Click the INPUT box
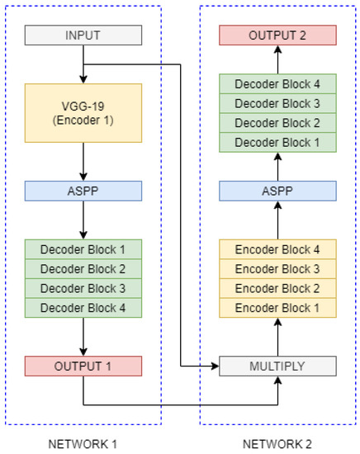click(83, 35)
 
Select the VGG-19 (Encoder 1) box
click(83, 113)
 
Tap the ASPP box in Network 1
click(83, 191)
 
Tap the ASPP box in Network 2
click(277, 191)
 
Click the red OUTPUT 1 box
click(83, 367)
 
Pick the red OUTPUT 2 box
click(277, 35)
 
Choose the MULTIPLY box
click(277, 367)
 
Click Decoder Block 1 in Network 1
click(83, 248)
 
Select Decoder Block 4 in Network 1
click(83, 308)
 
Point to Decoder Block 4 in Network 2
click(277, 83)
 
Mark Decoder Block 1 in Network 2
click(277, 142)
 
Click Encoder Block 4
click(277, 248)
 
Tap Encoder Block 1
click(277, 308)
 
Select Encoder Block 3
click(277, 268)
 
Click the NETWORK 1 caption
click(83, 444)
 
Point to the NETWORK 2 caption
click(277, 444)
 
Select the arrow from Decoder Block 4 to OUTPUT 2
click(277, 59)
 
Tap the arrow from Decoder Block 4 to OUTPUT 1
click(83, 337)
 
